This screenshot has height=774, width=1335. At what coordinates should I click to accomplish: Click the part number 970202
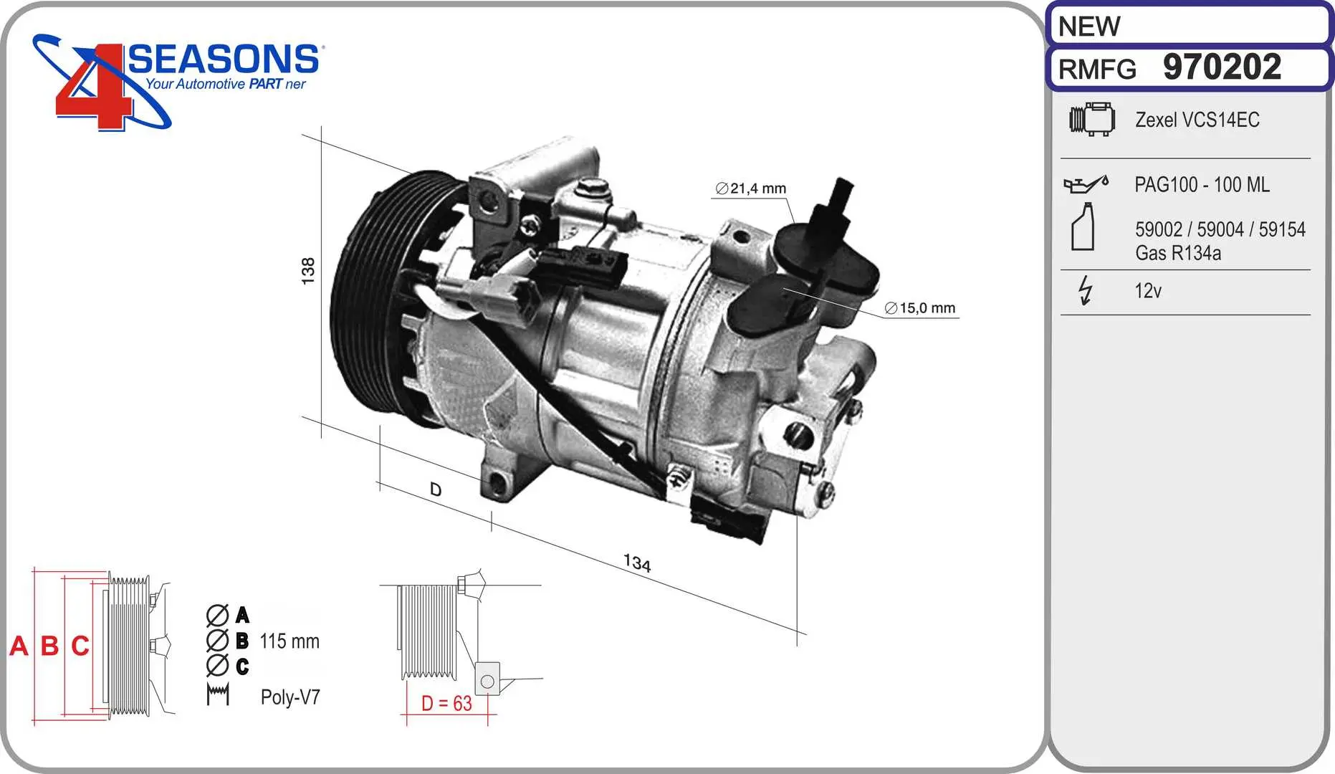tap(1222, 67)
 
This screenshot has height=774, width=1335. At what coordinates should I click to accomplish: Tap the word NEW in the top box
tap(1088, 27)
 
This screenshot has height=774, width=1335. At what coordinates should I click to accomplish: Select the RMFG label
tap(1097, 70)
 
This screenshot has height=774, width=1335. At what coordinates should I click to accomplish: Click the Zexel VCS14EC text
tap(1197, 120)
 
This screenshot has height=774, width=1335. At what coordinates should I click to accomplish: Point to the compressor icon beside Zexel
tap(1091, 119)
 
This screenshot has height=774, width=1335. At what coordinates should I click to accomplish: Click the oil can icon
tap(1086, 184)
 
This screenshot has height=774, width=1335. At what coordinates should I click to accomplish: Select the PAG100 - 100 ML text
tap(1202, 185)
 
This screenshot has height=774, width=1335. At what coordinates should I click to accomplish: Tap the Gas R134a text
tap(1178, 253)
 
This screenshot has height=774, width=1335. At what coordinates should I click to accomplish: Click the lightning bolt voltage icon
tap(1086, 290)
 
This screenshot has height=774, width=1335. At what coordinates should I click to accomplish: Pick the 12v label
tap(1147, 291)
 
